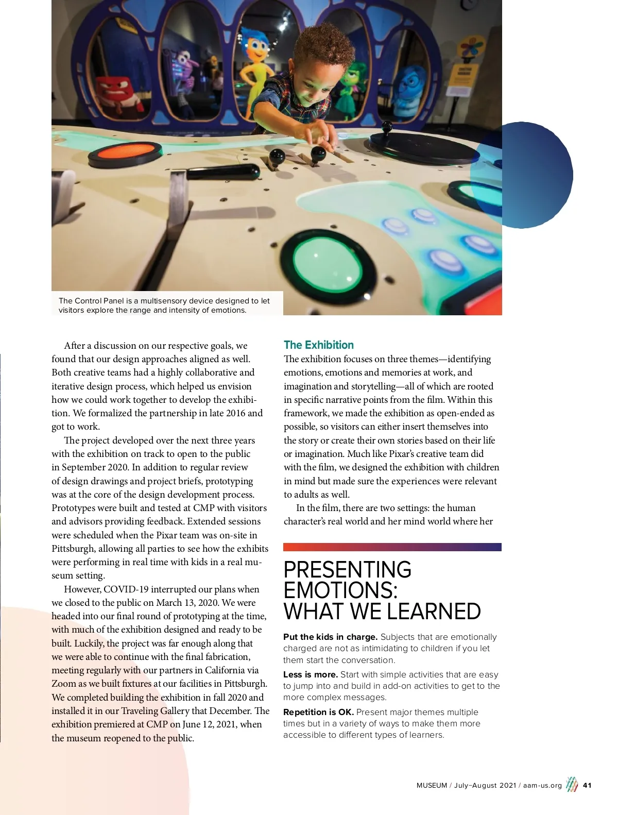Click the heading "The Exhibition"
coord(318,345)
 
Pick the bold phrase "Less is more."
coord(310,674)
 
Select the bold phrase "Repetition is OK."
coord(318,712)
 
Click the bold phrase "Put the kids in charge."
coord(330,637)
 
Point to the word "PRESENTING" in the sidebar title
coord(347,570)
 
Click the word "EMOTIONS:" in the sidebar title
coord(340,590)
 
